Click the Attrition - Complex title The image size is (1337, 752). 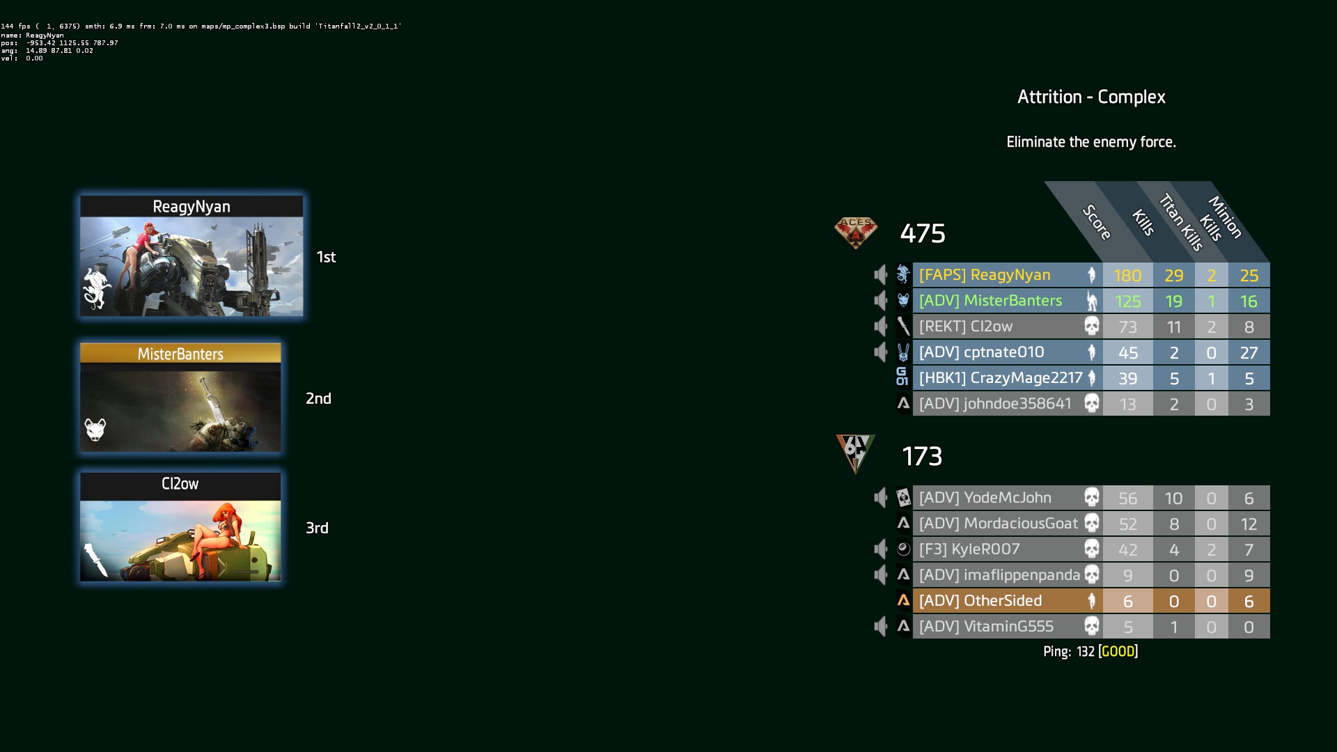point(1091,97)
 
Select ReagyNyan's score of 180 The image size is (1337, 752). point(1127,276)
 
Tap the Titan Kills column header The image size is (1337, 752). point(1182,222)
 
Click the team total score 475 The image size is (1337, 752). point(923,233)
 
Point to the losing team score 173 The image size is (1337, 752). point(922,456)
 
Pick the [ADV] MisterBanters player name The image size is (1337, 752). point(990,301)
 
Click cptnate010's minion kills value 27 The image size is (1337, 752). point(1249,353)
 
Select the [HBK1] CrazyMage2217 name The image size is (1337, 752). point(1001,378)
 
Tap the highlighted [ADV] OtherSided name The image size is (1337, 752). point(980,601)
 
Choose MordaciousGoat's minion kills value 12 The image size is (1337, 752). point(1249,524)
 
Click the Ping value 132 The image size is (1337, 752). point(1086,652)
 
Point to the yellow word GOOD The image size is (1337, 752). point(1118,652)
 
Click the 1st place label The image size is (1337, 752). point(326,257)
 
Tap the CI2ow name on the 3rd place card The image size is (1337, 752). point(180,484)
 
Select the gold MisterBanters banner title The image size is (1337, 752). point(180,354)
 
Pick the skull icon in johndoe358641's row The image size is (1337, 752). point(1092,404)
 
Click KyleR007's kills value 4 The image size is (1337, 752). point(1174,550)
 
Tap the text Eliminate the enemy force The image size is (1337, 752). point(1091,142)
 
